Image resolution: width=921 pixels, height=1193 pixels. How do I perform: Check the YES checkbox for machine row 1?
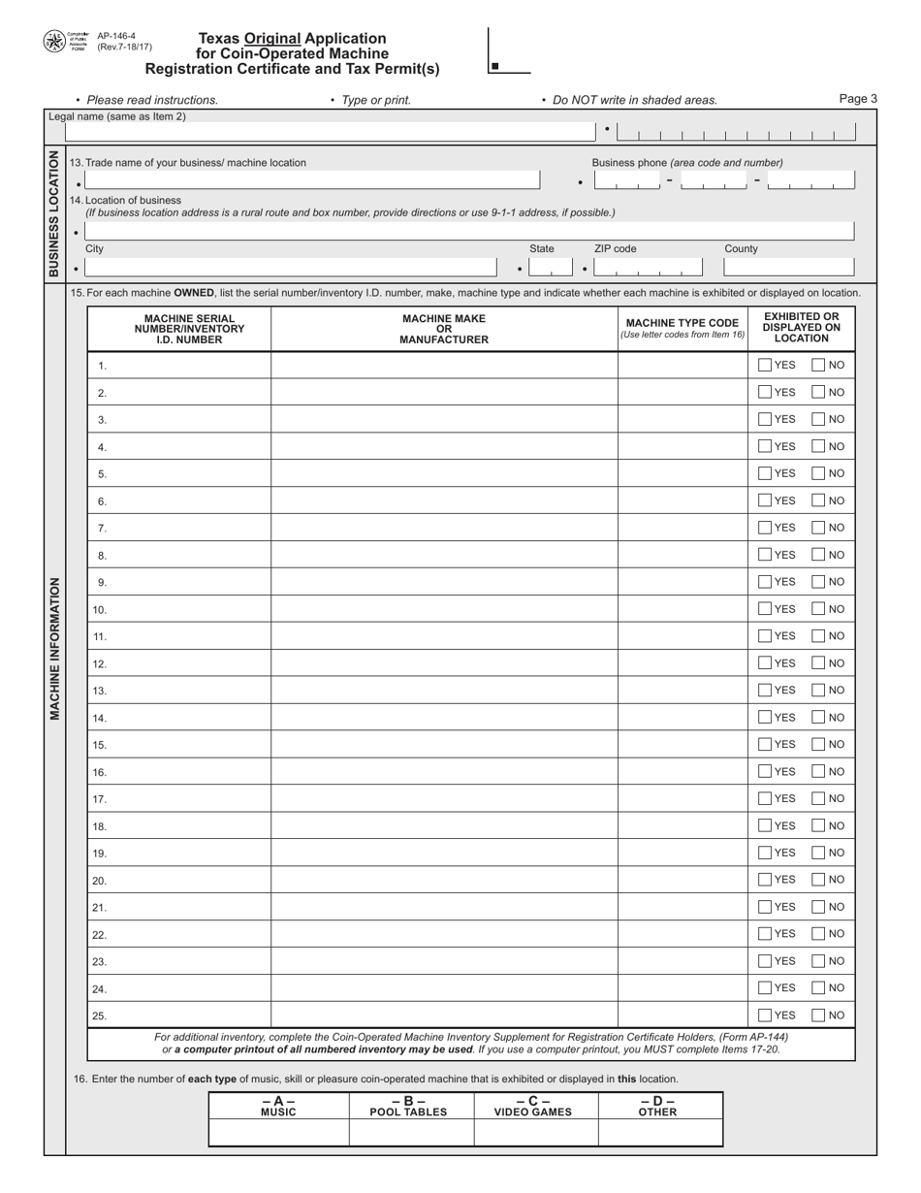click(x=765, y=366)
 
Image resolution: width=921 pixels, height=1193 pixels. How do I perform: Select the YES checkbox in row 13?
click(x=765, y=691)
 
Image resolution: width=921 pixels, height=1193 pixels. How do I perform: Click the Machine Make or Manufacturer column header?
click(x=444, y=329)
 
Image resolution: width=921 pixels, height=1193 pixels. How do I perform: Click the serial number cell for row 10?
click(x=179, y=610)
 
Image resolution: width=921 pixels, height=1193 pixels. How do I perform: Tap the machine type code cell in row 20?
click(x=683, y=881)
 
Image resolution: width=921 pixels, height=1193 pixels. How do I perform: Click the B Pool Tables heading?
click(x=411, y=1107)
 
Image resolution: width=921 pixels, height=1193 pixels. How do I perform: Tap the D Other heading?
click(x=660, y=1107)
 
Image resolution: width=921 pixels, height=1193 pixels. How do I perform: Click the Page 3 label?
click(x=858, y=99)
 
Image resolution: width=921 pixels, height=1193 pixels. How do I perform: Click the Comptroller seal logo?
click(x=54, y=42)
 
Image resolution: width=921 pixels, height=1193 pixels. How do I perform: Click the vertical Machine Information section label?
click(x=55, y=650)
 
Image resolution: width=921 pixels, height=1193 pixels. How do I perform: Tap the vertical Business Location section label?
click(x=54, y=213)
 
